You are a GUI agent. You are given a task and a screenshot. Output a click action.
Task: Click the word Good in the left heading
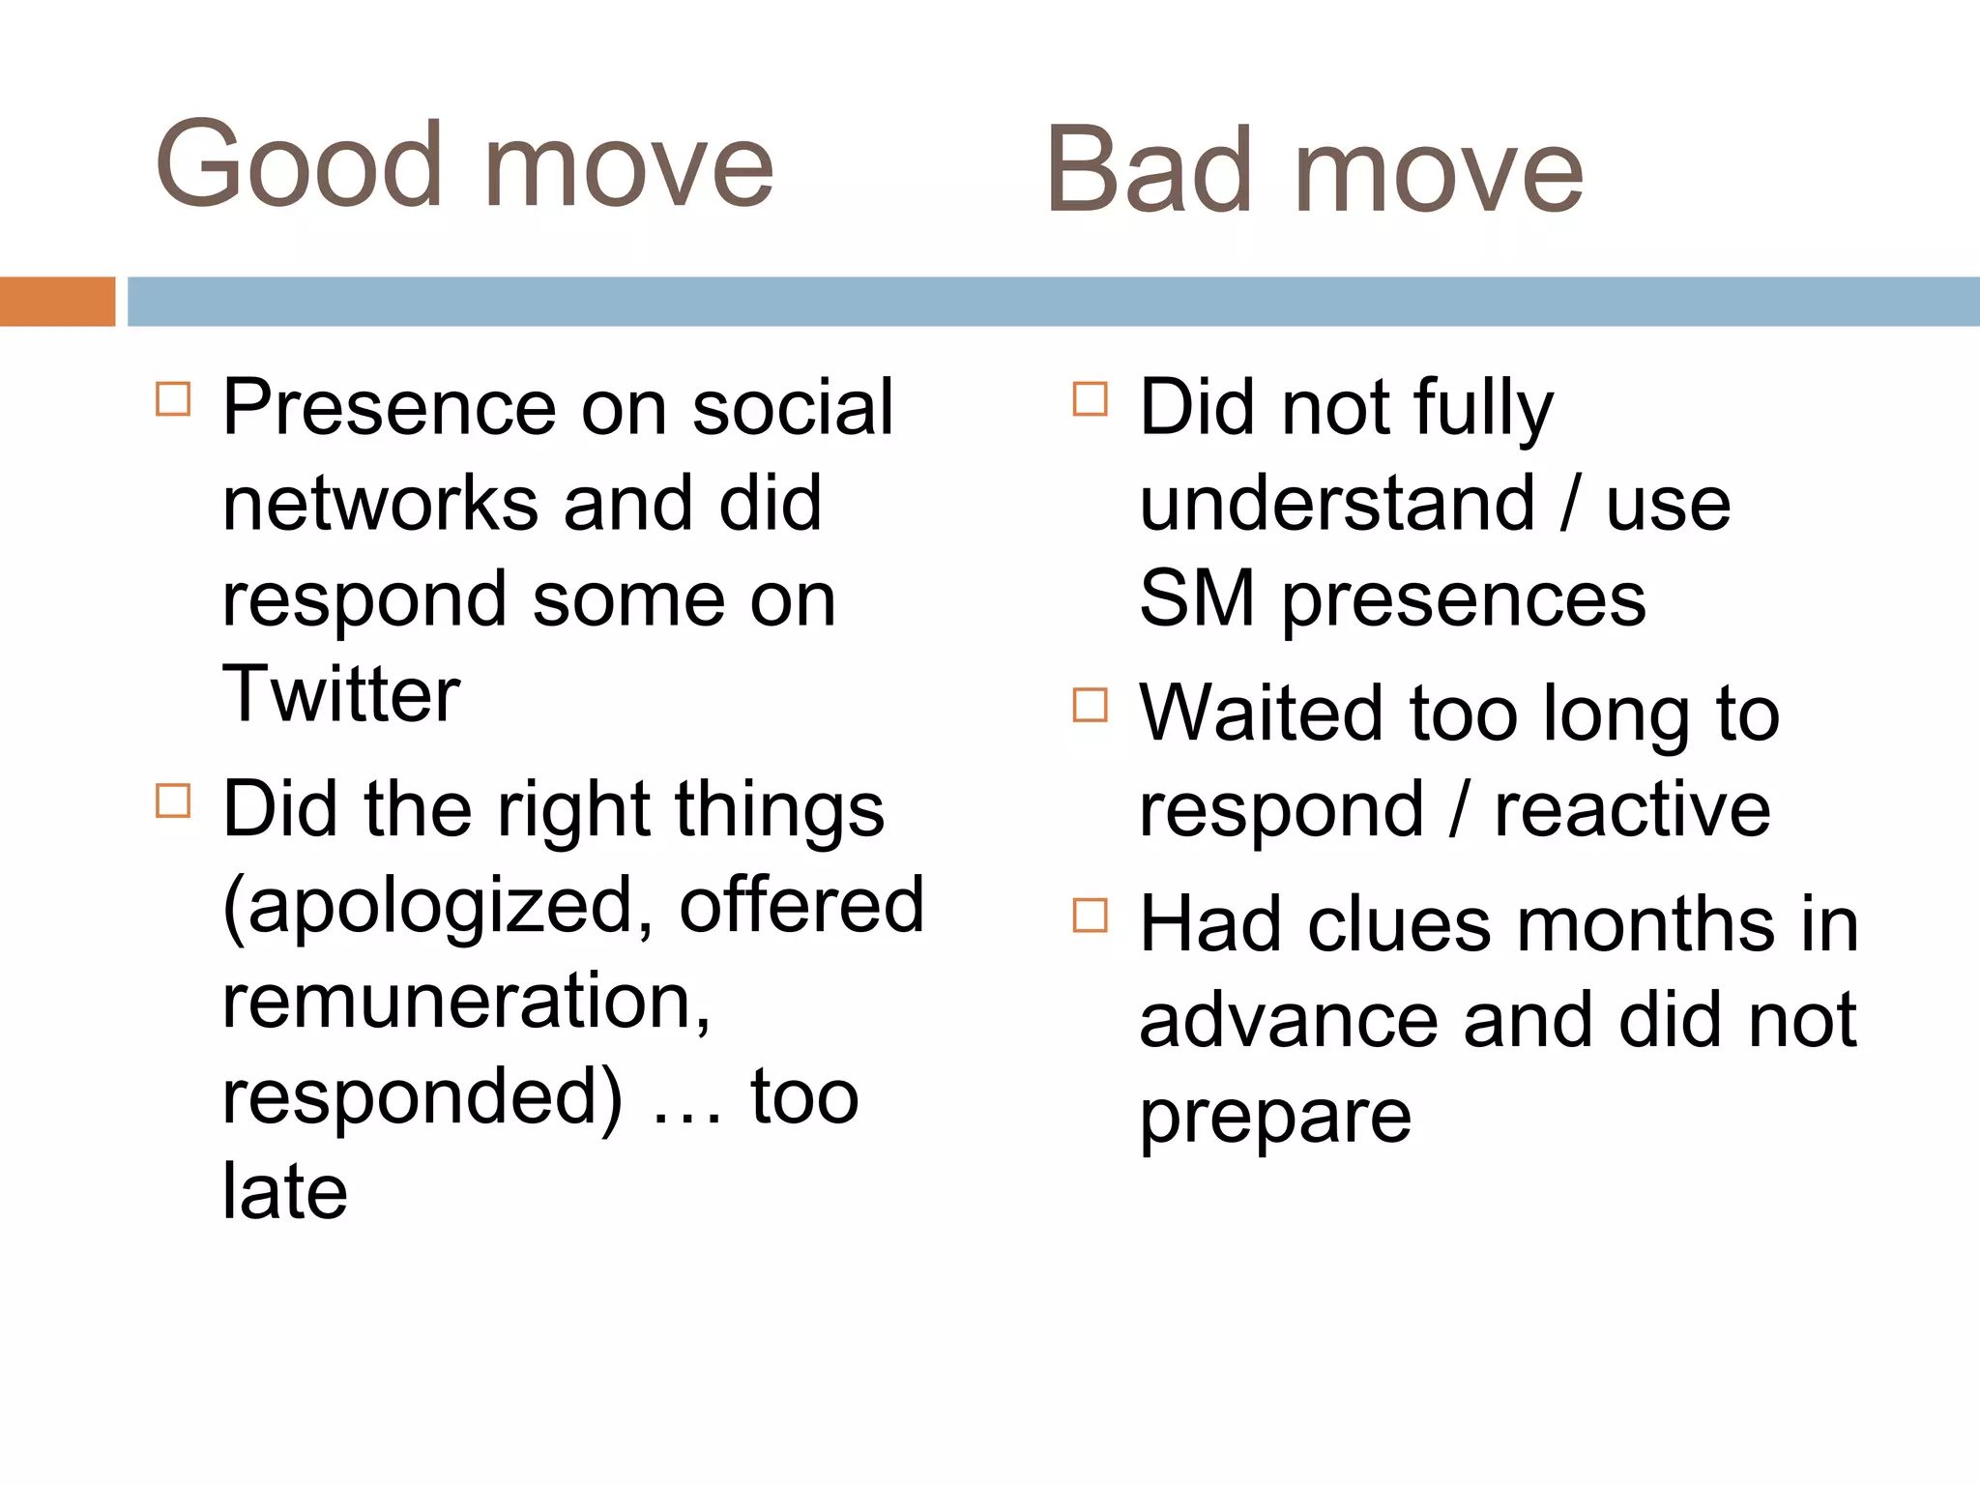click(298, 164)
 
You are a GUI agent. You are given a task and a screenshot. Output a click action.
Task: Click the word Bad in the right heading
click(1150, 172)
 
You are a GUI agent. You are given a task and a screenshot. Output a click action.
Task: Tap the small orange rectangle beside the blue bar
click(57, 302)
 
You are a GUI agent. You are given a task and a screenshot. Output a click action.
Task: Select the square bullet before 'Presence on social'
click(173, 398)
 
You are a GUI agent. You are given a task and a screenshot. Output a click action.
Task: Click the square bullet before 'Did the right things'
click(173, 801)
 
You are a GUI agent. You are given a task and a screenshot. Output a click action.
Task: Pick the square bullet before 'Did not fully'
click(1090, 398)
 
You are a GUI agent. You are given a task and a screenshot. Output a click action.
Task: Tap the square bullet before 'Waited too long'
click(1090, 705)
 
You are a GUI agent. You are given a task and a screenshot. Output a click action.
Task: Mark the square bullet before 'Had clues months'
click(1090, 915)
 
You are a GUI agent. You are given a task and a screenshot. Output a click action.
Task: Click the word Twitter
click(340, 694)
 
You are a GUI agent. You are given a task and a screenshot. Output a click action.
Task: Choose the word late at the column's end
click(284, 1192)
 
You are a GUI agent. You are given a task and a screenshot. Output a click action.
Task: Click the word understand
click(1337, 504)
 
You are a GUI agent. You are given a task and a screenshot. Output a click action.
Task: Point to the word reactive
click(1632, 809)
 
